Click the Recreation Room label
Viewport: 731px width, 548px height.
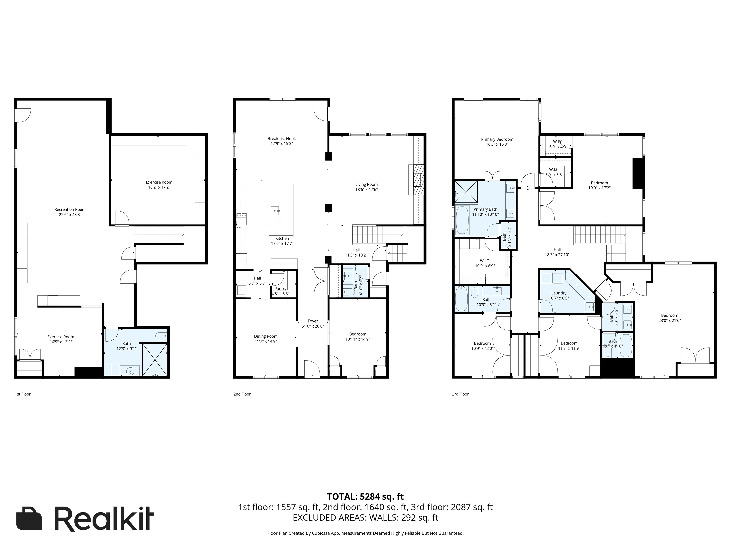pyautogui.click(x=70, y=209)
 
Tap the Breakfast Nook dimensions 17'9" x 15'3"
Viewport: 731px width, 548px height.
pyautogui.click(x=282, y=144)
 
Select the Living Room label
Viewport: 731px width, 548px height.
pyautogui.click(x=366, y=184)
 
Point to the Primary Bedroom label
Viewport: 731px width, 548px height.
pyautogui.click(x=497, y=139)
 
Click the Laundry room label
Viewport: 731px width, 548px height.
pyautogui.click(x=559, y=293)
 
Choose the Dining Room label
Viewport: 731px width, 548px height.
pyautogui.click(x=265, y=336)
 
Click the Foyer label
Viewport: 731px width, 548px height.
pyautogui.click(x=312, y=321)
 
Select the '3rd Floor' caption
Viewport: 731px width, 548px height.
pyautogui.click(x=460, y=394)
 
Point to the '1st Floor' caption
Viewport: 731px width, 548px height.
pyautogui.click(x=22, y=394)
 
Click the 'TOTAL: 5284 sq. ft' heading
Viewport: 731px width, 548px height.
pyautogui.click(x=365, y=497)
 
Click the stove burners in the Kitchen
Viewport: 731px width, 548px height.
pyautogui.click(x=241, y=220)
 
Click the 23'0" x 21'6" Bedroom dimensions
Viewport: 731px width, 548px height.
pyautogui.click(x=669, y=320)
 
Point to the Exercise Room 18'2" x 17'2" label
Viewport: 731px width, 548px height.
pyautogui.click(x=159, y=182)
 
